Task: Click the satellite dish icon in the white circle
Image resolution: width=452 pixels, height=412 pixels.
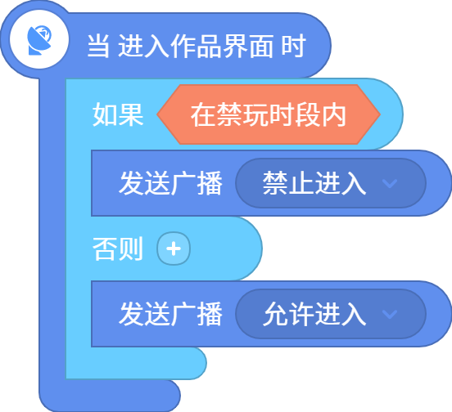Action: (39, 40)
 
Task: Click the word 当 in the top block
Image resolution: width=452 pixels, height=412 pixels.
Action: (98, 46)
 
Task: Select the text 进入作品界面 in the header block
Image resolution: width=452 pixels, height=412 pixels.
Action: (196, 46)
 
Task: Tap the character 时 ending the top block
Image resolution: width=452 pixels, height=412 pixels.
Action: (293, 46)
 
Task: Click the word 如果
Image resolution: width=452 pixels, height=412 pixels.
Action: (118, 114)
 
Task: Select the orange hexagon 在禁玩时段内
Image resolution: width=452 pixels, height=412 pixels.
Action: (269, 114)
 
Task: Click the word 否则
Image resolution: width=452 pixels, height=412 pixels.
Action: (118, 249)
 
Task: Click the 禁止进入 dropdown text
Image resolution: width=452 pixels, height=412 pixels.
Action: (314, 183)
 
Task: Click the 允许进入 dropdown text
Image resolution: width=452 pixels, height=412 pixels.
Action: (314, 314)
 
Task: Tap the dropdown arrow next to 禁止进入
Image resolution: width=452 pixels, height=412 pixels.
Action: (390, 183)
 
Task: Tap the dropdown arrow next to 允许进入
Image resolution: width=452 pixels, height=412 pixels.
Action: (390, 314)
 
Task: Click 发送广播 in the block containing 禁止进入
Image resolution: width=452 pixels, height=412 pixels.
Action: (170, 183)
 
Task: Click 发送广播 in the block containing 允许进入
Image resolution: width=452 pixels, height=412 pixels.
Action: (170, 314)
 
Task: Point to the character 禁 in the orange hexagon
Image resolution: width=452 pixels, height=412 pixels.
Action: (229, 114)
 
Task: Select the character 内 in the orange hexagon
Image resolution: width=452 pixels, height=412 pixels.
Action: (334, 114)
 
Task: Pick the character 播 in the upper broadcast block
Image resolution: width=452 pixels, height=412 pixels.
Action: (210, 183)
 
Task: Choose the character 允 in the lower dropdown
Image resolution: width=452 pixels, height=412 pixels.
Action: (275, 314)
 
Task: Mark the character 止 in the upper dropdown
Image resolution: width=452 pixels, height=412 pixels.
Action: (301, 183)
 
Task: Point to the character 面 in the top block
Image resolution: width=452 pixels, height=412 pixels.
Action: (261, 46)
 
